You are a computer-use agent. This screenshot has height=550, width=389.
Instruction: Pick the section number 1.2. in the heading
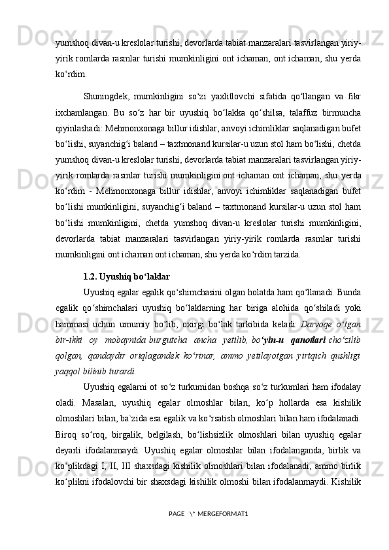pos(90,259)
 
